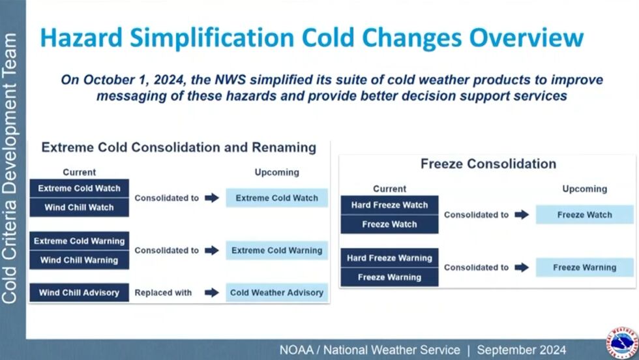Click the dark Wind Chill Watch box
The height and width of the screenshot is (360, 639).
[x=79, y=207]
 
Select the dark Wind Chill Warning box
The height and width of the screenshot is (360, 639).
[x=79, y=260]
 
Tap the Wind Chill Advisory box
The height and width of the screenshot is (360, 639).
[x=79, y=293]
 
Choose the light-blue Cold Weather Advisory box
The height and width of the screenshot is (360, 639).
[x=276, y=293]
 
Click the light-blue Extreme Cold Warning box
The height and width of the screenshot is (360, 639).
[x=276, y=250]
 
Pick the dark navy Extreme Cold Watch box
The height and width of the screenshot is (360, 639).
[x=79, y=188]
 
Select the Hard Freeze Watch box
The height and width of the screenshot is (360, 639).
[x=389, y=205]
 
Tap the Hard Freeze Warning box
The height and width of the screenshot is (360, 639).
[x=389, y=258]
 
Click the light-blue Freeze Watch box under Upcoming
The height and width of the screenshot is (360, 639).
[x=584, y=215]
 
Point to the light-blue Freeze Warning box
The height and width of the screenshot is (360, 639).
[x=584, y=267]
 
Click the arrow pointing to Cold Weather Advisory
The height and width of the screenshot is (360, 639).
[x=212, y=293]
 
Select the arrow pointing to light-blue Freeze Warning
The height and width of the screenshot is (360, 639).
[x=522, y=267]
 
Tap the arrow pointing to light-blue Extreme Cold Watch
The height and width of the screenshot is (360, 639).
[x=212, y=198]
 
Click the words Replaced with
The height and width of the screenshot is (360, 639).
[x=163, y=293]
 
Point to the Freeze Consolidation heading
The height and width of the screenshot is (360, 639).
[x=488, y=164]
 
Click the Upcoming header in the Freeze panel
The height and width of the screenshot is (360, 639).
[x=584, y=189]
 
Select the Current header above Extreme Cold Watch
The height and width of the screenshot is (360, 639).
[x=79, y=173]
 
